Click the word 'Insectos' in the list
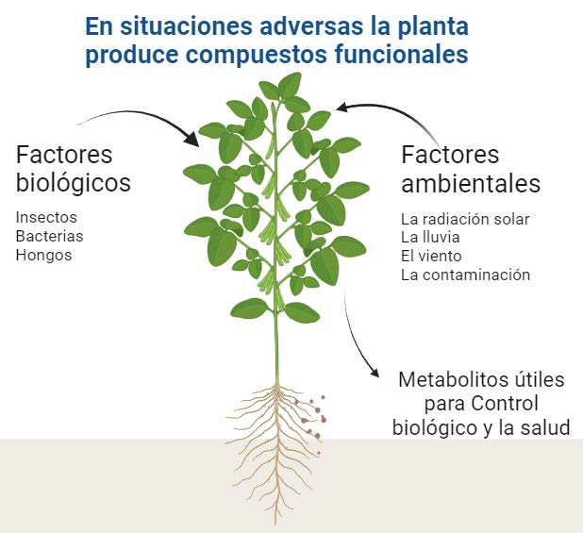coord(46,217)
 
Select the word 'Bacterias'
coord(49,236)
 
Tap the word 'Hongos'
coord(44,256)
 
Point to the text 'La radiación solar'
coord(465,219)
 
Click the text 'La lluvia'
coord(430,237)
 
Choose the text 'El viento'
coord(431,256)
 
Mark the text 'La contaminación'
coord(465,275)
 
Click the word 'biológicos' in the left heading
coord(74,183)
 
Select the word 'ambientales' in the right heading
coord(471,183)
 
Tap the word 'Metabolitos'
coord(449,379)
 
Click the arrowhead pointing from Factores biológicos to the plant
coord(192,139)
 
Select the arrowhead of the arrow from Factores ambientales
coord(342,107)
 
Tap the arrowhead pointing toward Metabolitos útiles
coord(374,372)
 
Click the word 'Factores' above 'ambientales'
coord(450,155)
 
